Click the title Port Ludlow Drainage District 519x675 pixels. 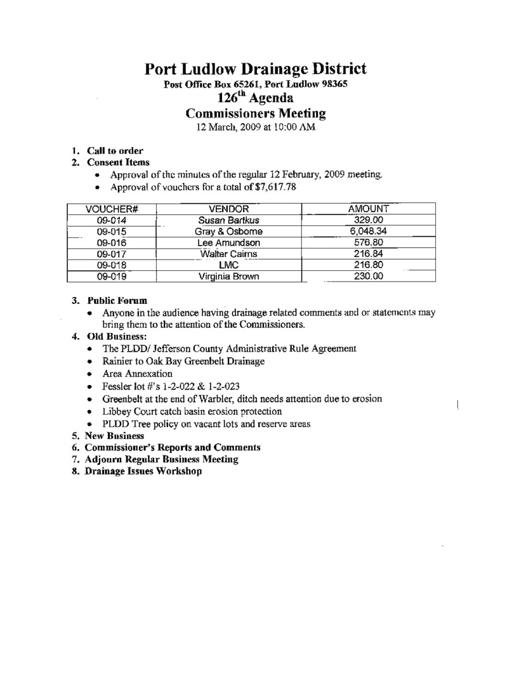tap(256, 69)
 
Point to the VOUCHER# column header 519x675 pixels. tap(111, 209)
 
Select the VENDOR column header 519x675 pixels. tap(228, 209)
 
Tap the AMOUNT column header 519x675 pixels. tap(368, 209)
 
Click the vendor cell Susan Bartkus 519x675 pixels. tap(228, 220)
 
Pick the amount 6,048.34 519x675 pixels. tap(368, 231)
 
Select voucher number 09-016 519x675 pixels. tap(111, 243)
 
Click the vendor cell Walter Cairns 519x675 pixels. tap(228, 254)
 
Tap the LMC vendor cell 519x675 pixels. tap(228, 265)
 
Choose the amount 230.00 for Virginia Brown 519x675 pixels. tap(368, 277)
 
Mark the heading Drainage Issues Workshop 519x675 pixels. tap(144, 472)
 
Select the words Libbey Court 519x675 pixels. tap(131, 411)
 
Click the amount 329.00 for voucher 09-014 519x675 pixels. tap(368, 220)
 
